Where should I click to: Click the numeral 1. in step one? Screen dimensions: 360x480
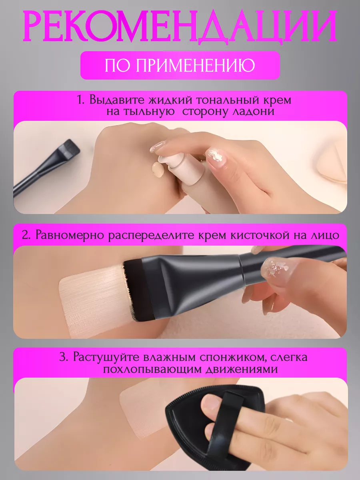[81, 100]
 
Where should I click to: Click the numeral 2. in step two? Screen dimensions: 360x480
[26, 235]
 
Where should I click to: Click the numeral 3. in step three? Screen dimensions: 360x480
[64, 357]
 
